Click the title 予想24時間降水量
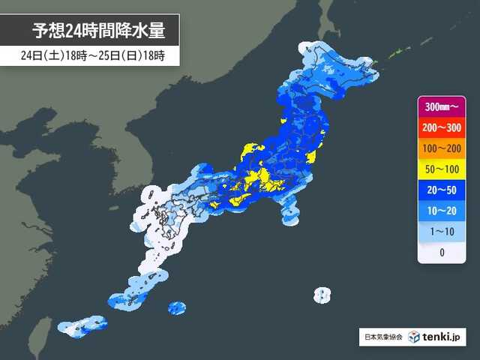pos(97,31)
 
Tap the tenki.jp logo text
pos(441,337)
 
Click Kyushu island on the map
pos(161,217)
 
